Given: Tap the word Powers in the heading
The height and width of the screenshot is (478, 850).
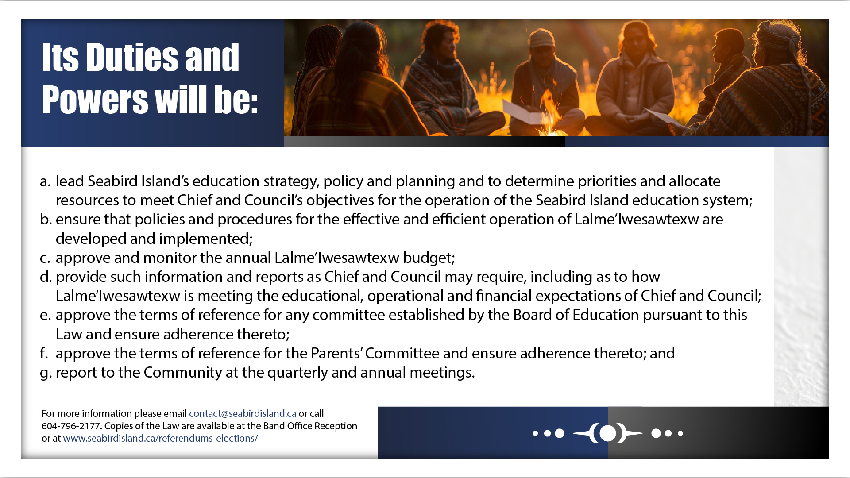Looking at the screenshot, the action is pos(95,100).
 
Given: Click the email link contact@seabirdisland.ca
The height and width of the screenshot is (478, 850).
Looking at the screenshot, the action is pos(243,413).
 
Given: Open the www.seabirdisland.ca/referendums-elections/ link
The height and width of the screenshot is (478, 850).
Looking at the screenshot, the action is pos(160,438).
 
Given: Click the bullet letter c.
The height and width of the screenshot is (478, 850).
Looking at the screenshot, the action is pos(45,258).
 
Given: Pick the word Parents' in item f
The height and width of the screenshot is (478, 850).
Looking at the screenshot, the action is pos(336,353).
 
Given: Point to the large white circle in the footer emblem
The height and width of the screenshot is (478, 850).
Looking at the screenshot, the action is pos(608,433).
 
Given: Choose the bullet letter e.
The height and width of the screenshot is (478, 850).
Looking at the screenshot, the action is pos(45,315).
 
